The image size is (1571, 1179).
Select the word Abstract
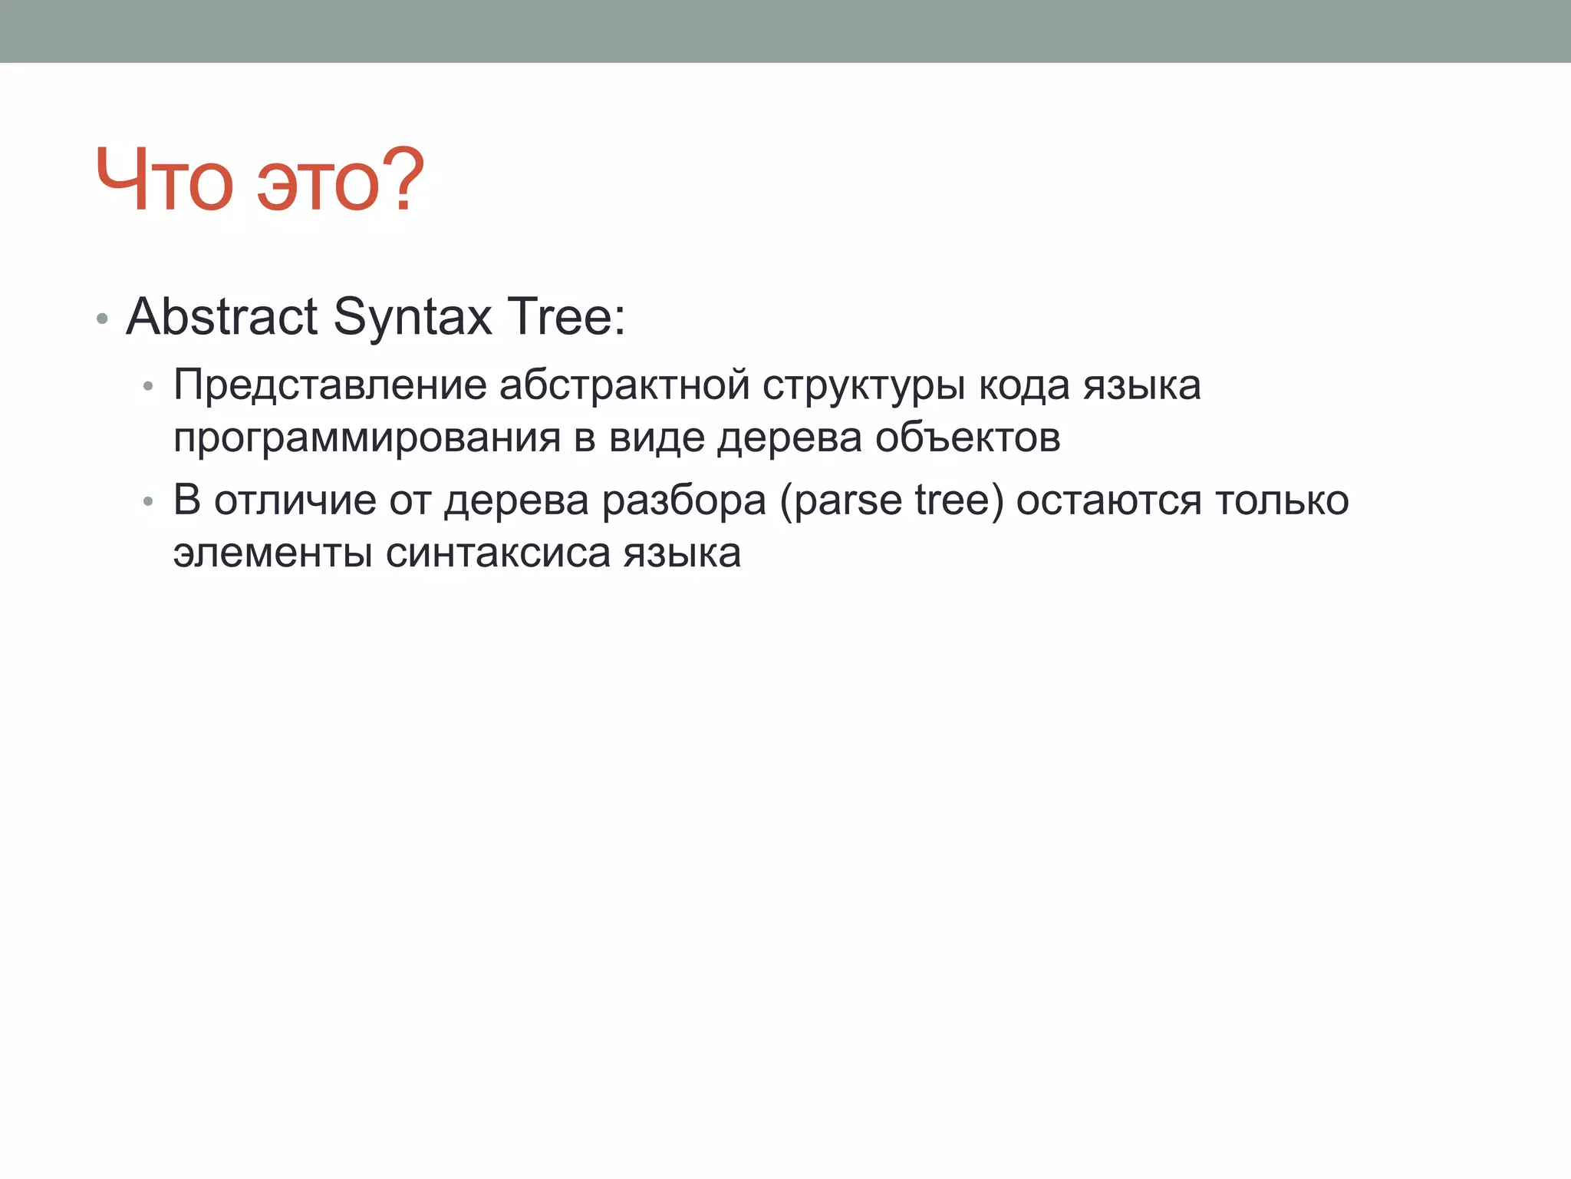[222, 316]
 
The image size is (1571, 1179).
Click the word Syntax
[413, 318]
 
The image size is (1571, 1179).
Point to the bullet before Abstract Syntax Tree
[102, 319]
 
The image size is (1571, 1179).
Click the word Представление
[330, 385]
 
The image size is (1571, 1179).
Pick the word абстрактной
[624, 385]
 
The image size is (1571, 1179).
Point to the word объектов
[967, 438]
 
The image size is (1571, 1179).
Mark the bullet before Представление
[149, 387]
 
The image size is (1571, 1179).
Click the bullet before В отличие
[149, 502]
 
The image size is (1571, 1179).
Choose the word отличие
[295, 500]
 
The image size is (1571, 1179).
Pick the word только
[1282, 500]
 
